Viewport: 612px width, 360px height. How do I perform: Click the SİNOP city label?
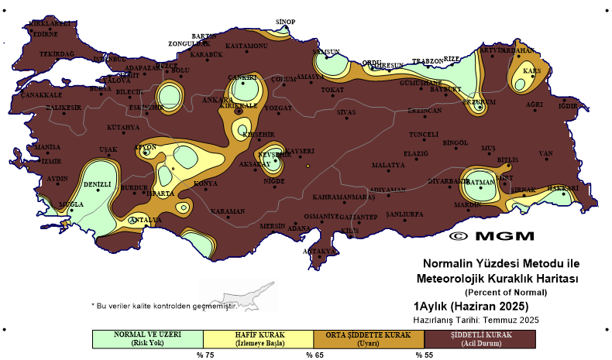[x=286, y=22]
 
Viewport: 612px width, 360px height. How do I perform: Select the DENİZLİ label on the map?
[x=98, y=184]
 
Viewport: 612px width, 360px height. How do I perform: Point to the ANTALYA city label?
[x=145, y=220]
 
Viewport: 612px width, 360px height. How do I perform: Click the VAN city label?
[x=546, y=153]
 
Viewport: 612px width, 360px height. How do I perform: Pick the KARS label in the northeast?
[x=531, y=70]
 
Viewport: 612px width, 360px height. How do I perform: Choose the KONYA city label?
[x=205, y=183]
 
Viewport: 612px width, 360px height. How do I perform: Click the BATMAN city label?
[x=481, y=183]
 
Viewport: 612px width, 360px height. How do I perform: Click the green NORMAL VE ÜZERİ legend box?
[x=147, y=338]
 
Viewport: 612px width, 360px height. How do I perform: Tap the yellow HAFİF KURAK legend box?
[x=258, y=338]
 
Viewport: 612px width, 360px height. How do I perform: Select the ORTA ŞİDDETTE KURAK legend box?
[x=369, y=338]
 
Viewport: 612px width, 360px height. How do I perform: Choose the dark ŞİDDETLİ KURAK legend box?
[x=480, y=338]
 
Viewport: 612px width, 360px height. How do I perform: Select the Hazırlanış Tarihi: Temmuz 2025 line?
[x=476, y=318]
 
